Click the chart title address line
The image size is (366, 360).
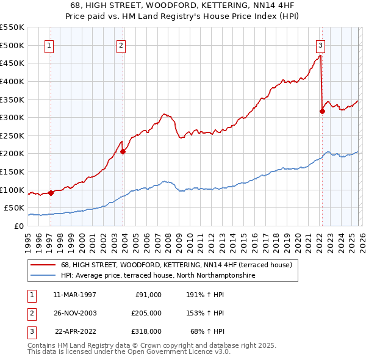click(x=182, y=5)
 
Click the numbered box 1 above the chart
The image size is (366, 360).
click(x=48, y=45)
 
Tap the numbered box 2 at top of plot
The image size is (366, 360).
click(x=121, y=45)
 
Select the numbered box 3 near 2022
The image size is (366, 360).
click(x=320, y=45)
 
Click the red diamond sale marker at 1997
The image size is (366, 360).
click(x=51, y=193)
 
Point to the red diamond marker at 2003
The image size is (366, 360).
click(x=123, y=151)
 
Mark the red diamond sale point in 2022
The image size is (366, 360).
click(x=322, y=111)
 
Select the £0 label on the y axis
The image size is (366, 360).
click(x=18, y=226)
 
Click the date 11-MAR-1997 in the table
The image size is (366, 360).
click(x=74, y=294)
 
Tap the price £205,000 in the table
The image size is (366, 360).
click(x=146, y=313)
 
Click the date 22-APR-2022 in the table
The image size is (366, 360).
click(x=75, y=331)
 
